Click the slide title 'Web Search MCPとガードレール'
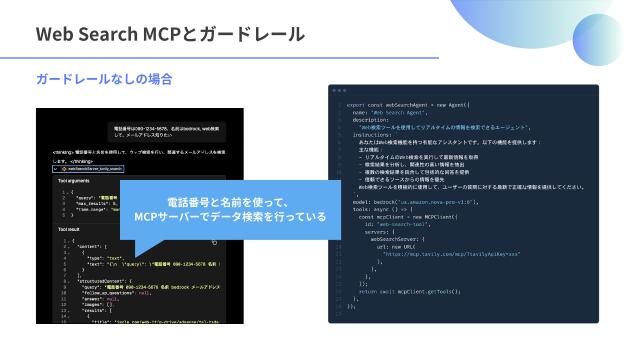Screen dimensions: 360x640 [x=170, y=34]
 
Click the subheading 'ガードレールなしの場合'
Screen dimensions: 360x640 [x=104, y=78]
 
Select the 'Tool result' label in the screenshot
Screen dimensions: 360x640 [x=70, y=229]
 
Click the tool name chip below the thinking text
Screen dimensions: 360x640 [x=91, y=170]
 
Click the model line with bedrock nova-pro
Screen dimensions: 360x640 [x=410, y=201]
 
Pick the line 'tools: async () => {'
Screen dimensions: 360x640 [x=390, y=208]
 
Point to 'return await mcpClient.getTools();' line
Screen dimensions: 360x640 [x=410, y=290]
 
